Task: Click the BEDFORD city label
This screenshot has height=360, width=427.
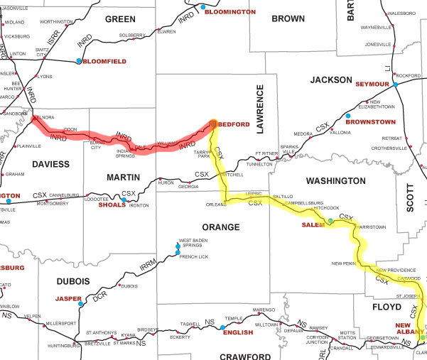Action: pyautogui.click(x=234, y=124)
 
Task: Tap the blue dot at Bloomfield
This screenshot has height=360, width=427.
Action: pyautogui.click(x=79, y=61)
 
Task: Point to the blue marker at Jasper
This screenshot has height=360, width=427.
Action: pyautogui.click(x=80, y=304)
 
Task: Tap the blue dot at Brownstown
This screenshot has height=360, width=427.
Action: pyautogui.click(x=348, y=116)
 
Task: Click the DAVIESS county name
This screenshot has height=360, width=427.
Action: pyautogui.click(x=50, y=164)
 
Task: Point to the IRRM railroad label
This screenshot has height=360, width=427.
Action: pyautogui.click(x=146, y=266)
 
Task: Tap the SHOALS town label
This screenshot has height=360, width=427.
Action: pyautogui.click(x=112, y=205)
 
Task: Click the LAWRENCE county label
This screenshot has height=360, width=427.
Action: pyautogui.click(x=259, y=110)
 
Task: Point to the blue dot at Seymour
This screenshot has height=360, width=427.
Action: pyautogui.click(x=394, y=84)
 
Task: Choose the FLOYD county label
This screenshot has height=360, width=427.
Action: pyautogui.click(x=387, y=307)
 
